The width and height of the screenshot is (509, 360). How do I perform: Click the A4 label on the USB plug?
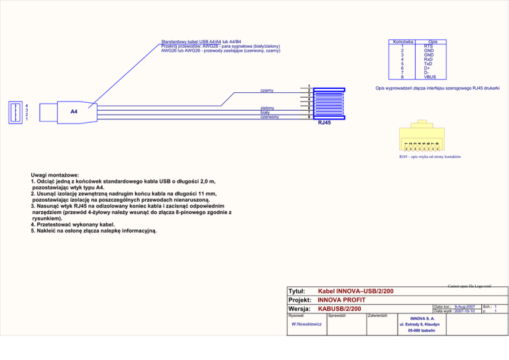click(74, 111)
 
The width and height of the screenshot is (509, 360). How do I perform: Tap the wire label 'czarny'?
click(266, 90)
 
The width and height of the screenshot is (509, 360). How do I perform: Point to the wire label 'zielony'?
click(267, 107)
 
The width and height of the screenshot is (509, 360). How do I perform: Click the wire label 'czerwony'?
click(269, 117)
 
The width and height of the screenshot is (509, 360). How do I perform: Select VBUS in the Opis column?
click(429, 77)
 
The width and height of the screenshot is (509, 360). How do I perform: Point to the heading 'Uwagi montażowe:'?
click(55, 174)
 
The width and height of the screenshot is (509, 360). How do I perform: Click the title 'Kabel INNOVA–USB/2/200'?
click(356, 291)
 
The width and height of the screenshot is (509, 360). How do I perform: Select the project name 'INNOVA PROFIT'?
click(347, 300)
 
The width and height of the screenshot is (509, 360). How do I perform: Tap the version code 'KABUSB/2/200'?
click(339, 309)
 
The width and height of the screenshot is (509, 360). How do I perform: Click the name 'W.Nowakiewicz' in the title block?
click(307, 324)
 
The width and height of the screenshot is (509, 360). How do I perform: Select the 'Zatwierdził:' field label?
click(382, 316)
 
